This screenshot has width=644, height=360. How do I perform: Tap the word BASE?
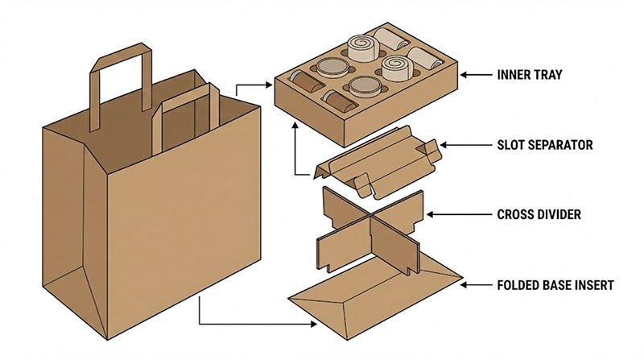[558, 284]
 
